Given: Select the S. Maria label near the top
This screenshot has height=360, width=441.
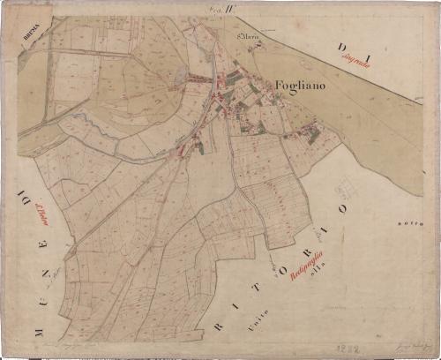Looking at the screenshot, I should [248, 37].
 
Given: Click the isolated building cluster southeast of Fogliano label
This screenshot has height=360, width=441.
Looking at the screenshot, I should [310, 134].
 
